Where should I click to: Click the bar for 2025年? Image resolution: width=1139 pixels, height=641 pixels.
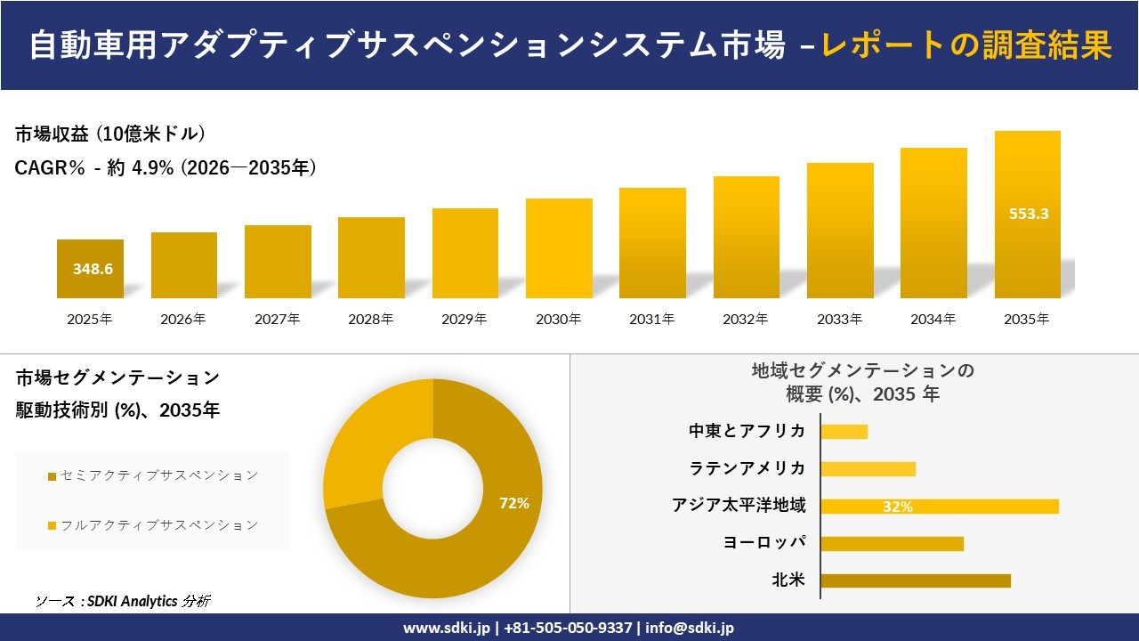(x=90, y=269)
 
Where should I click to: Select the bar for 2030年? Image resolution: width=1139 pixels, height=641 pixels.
(x=559, y=248)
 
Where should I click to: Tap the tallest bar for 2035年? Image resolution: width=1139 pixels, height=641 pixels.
(x=1027, y=215)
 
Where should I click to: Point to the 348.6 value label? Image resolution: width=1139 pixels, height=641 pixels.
(x=93, y=269)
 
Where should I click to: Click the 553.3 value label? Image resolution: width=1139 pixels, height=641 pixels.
(x=1028, y=214)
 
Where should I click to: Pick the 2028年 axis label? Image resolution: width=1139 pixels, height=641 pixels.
(x=371, y=319)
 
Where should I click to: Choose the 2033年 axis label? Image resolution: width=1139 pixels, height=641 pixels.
(x=839, y=319)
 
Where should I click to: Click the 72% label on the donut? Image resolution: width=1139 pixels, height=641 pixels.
(x=513, y=503)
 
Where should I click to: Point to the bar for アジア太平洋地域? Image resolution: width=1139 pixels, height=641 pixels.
(x=939, y=507)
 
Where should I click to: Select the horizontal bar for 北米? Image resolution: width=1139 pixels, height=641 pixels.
(x=915, y=580)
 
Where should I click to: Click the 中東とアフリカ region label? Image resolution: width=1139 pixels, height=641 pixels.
(x=747, y=431)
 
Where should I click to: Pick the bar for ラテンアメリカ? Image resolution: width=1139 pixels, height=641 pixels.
(x=868, y=469)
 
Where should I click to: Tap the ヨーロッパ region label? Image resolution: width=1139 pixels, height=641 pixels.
(x=765, y=543)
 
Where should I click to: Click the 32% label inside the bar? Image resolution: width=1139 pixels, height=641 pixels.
(x=897, y=507)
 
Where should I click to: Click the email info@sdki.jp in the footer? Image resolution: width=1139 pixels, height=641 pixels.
(x=690, y=628)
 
